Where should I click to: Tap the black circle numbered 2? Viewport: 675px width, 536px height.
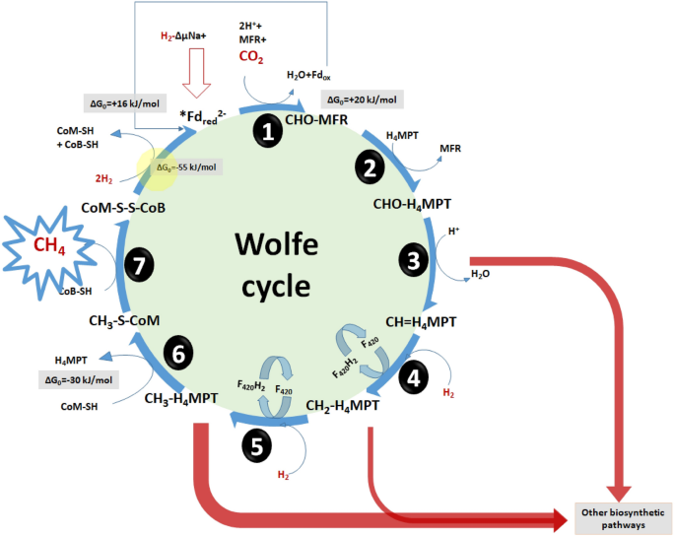click(x=371, y=167)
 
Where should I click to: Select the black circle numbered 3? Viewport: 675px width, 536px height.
click(x=413, y=260)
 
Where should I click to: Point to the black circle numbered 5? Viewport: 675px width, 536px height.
click(x=256, y=445)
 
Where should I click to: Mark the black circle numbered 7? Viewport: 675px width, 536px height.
click(x=139, y=263)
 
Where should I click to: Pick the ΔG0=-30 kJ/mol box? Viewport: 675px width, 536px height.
click(x=78, y=379)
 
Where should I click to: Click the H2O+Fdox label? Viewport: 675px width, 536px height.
click(x=311, y=74)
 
